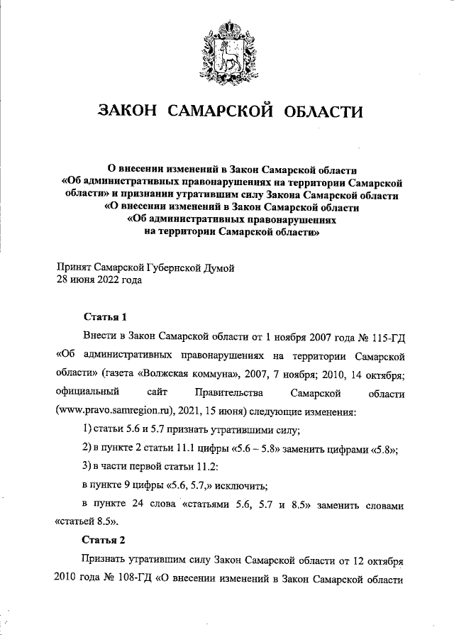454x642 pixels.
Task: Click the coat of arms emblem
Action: pyautogui.click(x=227, y=48)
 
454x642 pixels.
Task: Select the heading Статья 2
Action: pyautogui.click(x=104, y=539)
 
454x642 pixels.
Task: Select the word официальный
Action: pyautogui.click(x=89, y=392)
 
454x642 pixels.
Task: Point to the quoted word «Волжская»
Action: pyautogui.click(x=165, y=373)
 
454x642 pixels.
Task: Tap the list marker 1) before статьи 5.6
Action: pyautogui.click(x=89, y=430)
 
